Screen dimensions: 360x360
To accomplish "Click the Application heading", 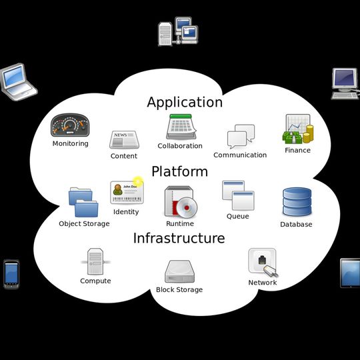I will (185, 103).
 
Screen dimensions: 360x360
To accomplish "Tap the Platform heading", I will (179, 172).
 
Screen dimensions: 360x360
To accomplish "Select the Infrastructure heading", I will (179, 239).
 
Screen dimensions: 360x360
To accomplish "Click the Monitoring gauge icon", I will (70, 125).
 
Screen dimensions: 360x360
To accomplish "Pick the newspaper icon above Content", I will (123, 140).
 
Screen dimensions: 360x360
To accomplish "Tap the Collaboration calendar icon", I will (179, 127).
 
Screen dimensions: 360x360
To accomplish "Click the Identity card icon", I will (126, 192).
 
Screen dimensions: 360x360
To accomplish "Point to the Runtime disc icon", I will (179, 202).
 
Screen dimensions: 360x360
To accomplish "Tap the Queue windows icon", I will (238, 195).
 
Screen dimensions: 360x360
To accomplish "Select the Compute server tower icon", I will (95, 261).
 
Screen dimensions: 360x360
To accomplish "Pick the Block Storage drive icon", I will (179, 272).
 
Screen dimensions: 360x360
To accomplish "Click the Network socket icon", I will (262, 262).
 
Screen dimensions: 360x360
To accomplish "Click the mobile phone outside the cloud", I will (11, 274).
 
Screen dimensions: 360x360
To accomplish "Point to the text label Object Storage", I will (84, 224).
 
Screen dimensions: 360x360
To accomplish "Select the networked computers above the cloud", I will (177, 32).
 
